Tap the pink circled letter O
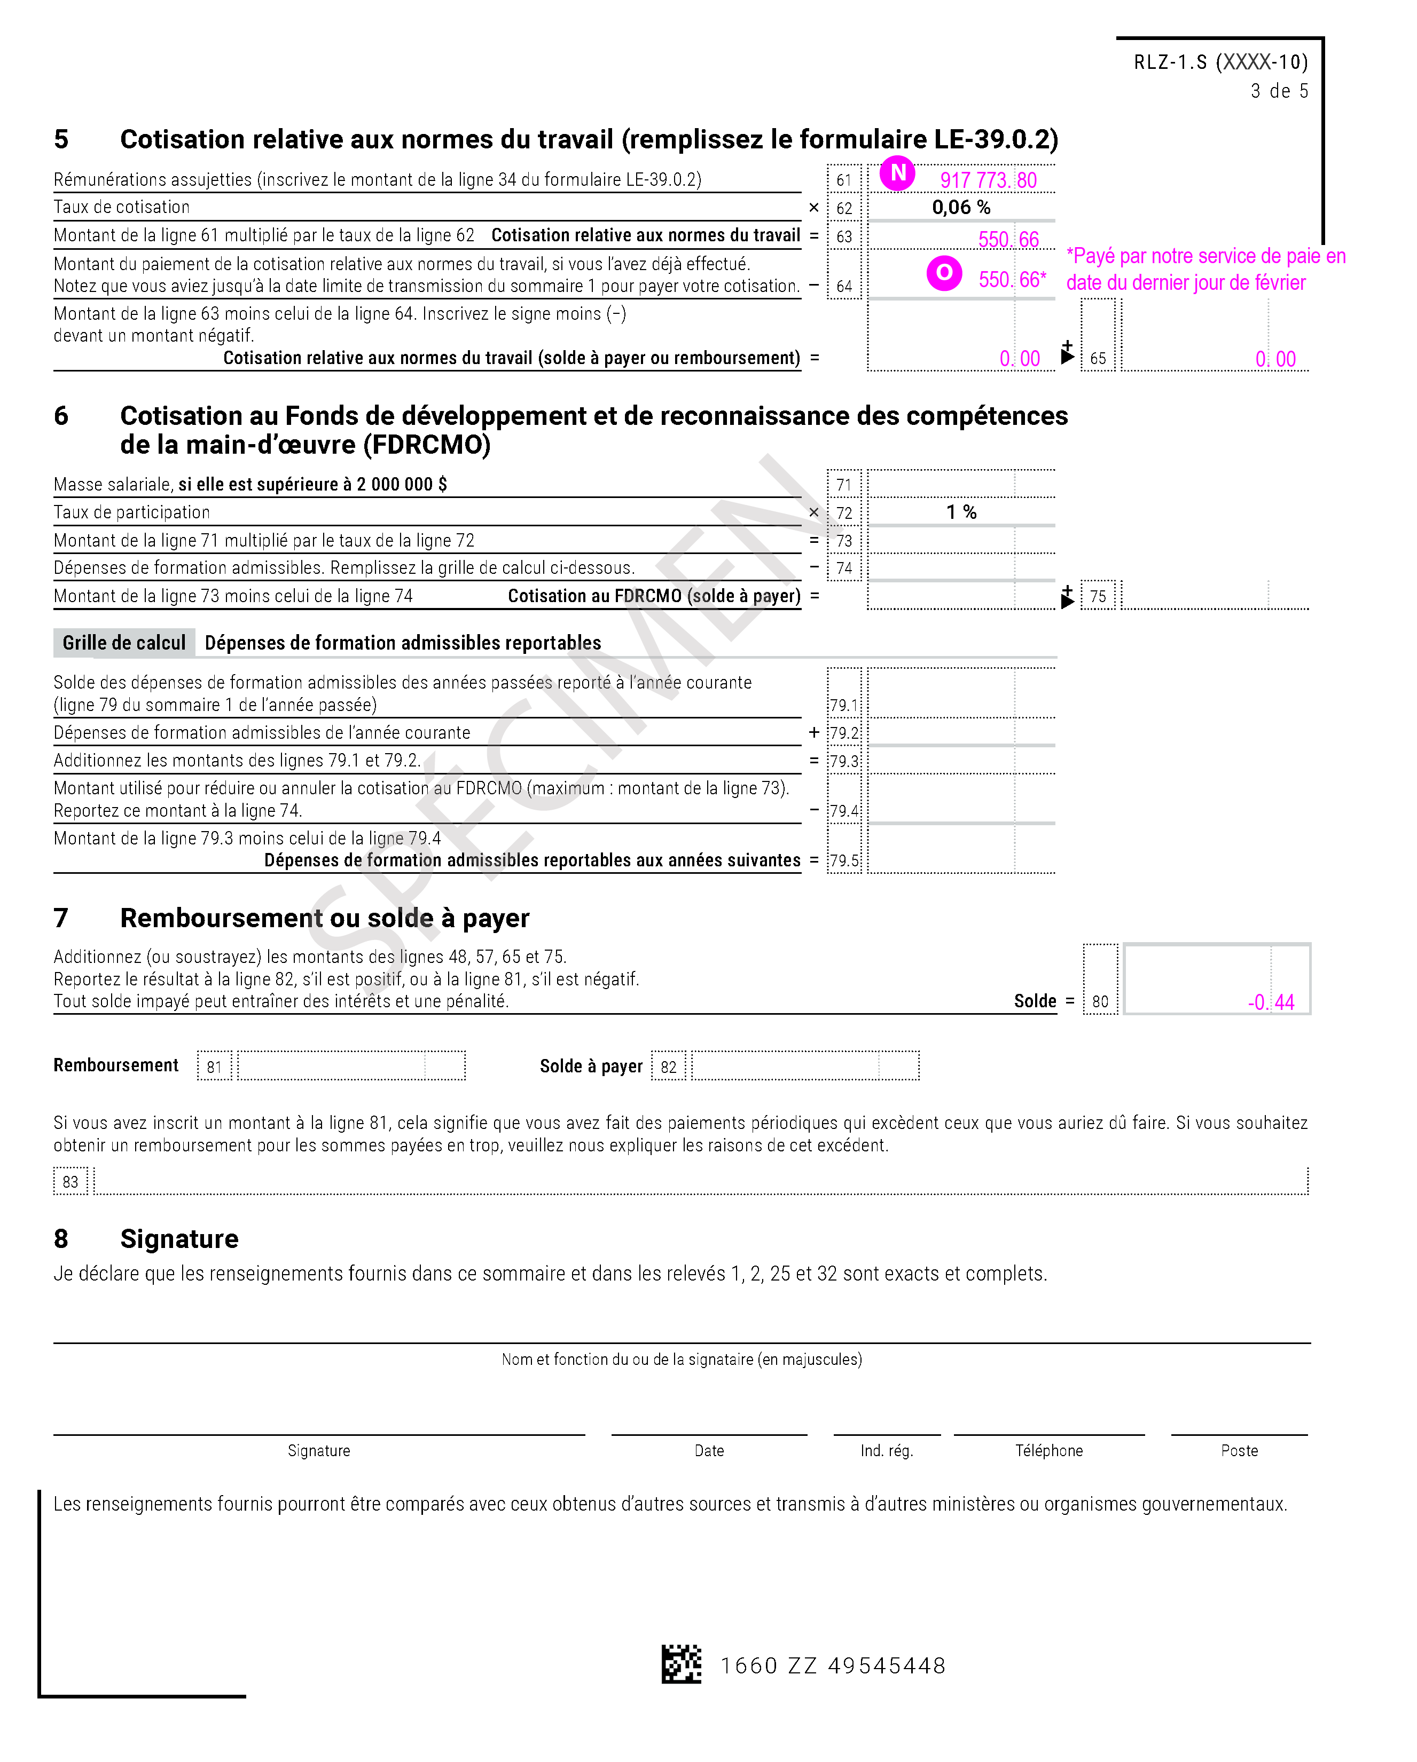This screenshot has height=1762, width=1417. click(944, 273)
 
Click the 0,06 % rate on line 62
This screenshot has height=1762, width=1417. click(961, 208)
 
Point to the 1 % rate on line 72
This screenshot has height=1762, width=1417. click(961, 512)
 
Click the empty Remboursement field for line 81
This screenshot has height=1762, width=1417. click(351, 1066)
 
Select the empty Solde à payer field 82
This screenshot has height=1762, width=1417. click(805, 1066)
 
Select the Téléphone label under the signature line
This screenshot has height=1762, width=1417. click(1049, 1451)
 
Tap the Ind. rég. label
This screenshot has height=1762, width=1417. click(886, 1451)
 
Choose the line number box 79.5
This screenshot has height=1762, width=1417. click(844, 860)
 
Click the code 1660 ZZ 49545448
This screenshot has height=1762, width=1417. click(832, 1665)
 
